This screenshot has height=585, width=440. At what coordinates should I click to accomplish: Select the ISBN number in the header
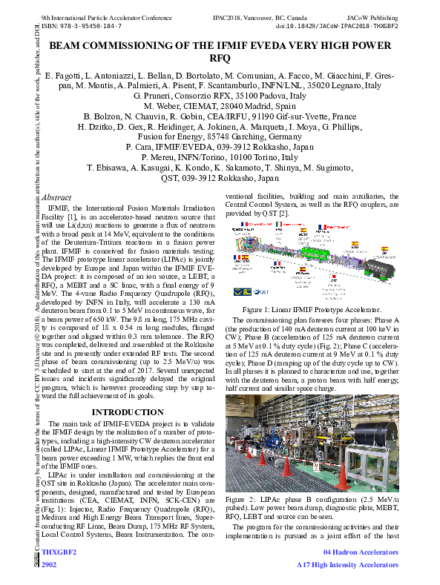82,25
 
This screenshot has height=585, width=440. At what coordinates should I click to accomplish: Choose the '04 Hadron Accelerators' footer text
361,553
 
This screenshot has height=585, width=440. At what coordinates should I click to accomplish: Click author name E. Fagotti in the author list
67,76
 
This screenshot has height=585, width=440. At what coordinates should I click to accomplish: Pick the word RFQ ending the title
220,58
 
